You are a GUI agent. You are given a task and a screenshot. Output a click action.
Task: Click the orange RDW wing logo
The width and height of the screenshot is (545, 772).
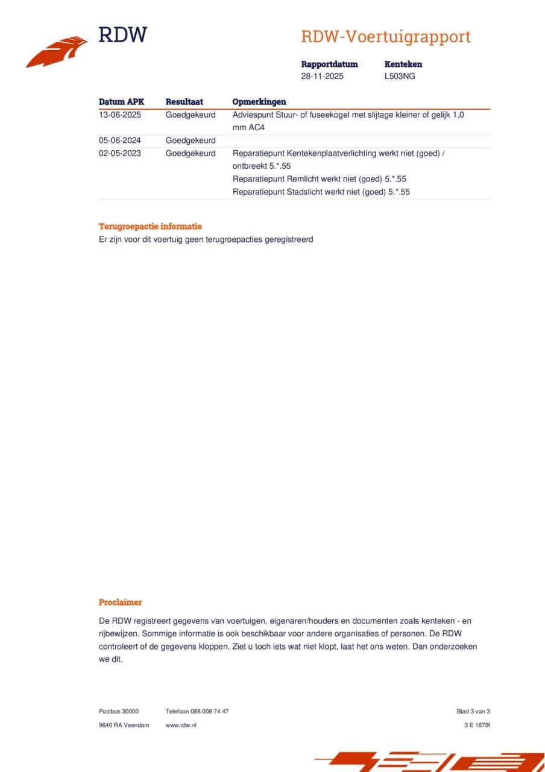(x=57, y=52)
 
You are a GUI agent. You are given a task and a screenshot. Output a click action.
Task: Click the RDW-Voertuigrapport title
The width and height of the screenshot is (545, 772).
(x=385, y=37)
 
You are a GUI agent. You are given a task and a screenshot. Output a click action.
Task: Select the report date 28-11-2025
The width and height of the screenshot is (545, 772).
(x=323, y=77)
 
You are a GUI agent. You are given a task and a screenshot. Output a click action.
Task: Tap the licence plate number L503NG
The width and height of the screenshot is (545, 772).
(x=400, y=77)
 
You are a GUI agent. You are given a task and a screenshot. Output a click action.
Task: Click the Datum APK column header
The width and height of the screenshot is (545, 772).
(x=121, y=102)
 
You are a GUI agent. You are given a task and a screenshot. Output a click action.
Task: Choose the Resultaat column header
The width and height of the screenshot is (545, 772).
(x=184, y=102)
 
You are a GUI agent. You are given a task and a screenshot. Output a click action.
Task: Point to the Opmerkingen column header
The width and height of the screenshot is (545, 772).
(x=259, y=102)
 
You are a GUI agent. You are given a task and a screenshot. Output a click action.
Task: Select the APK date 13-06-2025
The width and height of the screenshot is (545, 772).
(x=120, y=115)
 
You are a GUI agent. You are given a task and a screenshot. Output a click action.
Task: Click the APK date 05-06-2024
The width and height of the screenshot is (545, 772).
(x=120, y=141)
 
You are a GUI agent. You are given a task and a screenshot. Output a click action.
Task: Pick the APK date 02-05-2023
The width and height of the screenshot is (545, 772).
(x=120, y=153)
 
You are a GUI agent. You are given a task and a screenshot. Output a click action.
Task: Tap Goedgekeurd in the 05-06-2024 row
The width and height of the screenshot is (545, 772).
(x=191, y=141)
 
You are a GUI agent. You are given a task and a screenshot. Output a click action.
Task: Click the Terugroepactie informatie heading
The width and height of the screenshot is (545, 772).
(x=150, y=227)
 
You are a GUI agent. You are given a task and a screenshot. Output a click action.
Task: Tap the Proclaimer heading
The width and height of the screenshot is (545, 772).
(x=121, y=602)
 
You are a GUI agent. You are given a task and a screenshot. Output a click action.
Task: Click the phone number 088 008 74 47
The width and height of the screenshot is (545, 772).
(x=209, y=711)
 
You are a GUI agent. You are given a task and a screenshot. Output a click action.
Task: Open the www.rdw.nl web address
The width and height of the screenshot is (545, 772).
(x=181, y=725)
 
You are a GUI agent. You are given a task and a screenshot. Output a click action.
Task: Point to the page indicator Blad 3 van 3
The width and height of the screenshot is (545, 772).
(x=473, y=711)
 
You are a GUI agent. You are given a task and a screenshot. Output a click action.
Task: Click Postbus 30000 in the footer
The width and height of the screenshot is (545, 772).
(x=119, y=711)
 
